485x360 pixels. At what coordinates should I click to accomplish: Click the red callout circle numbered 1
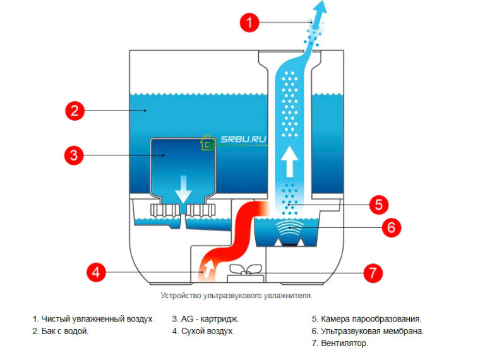[x=250, y=23]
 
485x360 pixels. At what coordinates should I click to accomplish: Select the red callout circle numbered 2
[x=74, y=111]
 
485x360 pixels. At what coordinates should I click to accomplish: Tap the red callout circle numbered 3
[x=74, y=155]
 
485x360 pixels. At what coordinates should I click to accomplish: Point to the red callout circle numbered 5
[x=378, y=204]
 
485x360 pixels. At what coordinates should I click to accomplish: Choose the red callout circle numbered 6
[x=390, y=227]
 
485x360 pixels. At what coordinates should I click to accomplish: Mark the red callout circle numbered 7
[x=373, y=273]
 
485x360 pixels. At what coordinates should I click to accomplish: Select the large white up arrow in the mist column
[x=289, y=161]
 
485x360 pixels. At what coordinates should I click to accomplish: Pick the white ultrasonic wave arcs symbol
[x=290, y=229]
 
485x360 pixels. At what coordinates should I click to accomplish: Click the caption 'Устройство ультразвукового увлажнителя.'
[x=237, y=295]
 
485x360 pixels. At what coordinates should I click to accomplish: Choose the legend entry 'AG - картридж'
[x=205, y=319]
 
